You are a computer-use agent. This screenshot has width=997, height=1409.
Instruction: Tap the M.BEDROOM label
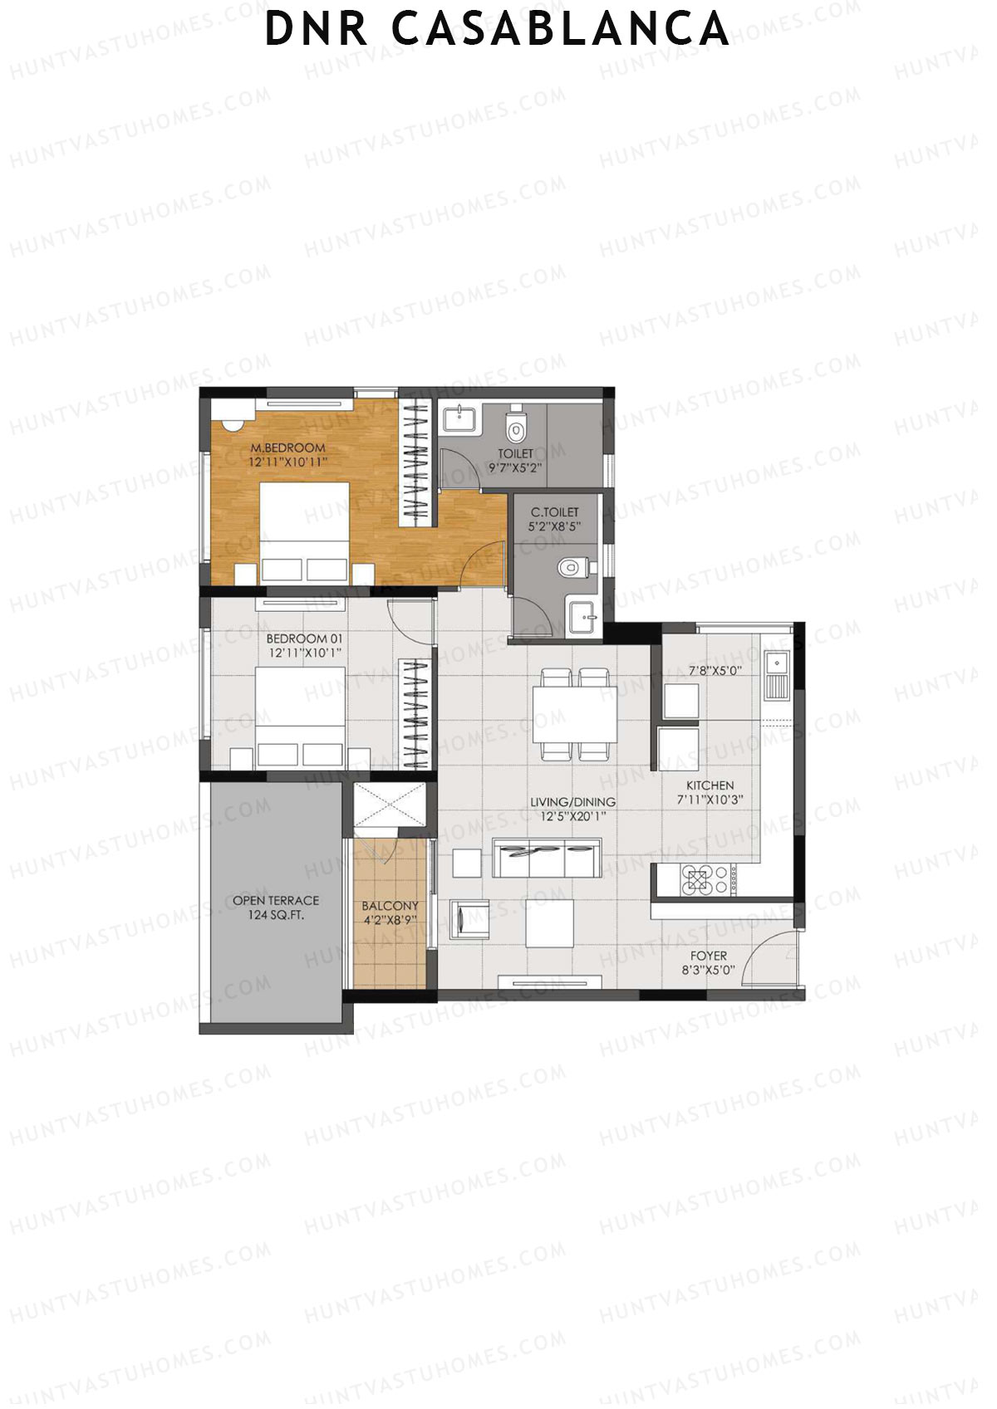[x=288, y=448]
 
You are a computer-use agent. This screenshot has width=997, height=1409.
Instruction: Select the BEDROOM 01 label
[x=304, y=638]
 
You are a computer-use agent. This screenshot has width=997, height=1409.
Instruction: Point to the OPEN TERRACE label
[x=276, y=900]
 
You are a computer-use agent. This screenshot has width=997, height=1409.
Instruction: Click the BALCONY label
[x=390, y=906]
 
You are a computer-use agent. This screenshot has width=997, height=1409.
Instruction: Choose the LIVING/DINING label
[x=573, y=802]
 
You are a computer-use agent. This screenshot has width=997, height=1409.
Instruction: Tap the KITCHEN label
[x=710, y=785]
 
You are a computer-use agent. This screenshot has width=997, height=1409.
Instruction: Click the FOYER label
[x=709, y=956]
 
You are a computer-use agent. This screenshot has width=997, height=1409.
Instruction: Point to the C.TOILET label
[x=555, y=512]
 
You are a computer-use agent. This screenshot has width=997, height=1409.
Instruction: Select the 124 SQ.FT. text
[x=276, y=916]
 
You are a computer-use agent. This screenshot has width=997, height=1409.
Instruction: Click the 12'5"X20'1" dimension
[x=573, y=817]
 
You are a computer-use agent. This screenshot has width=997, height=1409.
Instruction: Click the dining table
[x=574, y=714]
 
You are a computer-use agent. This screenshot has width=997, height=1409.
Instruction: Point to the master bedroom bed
[x=304, y=531]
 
